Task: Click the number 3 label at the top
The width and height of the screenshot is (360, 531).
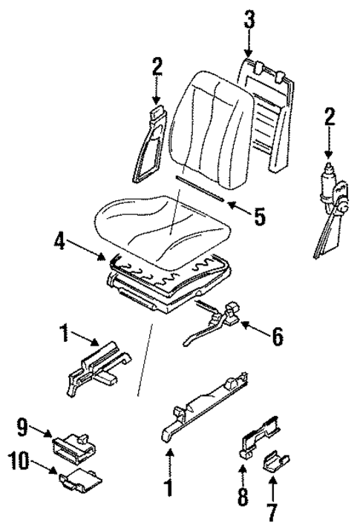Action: (x=249, y=20)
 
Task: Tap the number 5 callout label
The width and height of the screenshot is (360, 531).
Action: (x=258, y=216)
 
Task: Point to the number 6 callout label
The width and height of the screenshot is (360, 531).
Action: (x=276, y=337)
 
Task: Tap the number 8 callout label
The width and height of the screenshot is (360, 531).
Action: (x=243, y=496)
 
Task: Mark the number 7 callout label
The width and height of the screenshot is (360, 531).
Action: (x=272, y=512)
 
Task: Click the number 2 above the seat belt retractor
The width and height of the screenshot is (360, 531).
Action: (x=330, y=116)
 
